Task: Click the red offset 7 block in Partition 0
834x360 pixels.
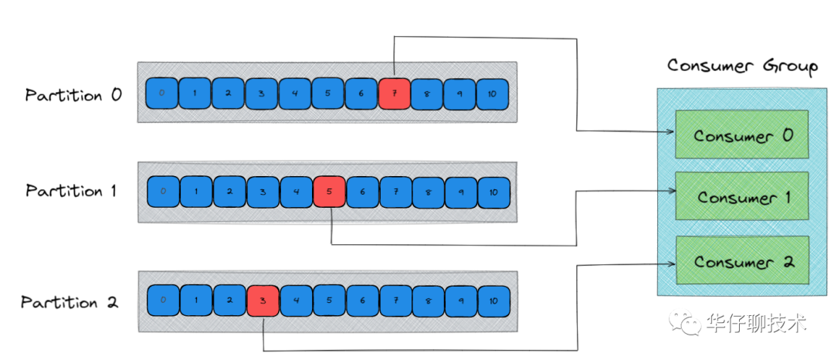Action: pyautogui.click(x=394, y=93)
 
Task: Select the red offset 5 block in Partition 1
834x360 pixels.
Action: pyautogui.click(x=329, y=192)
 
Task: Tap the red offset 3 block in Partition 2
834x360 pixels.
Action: pyautogui.click(x=263, y=301)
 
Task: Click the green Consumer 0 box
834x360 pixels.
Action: pyautogui.click(x=742, y=136)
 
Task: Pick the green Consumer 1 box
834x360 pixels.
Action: pyautogui.click(x=742, y=198)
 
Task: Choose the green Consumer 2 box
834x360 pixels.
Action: pyautogui.click(x=742, y=262)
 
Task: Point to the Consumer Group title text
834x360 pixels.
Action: pyautogui.click(x=742, y=66)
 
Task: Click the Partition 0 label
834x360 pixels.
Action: pyautogui.click(x=73, y=96)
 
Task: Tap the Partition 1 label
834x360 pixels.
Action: pyautogui.click(x=71, y=191)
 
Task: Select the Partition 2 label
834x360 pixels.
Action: pyautogui.click(x=69, y=302)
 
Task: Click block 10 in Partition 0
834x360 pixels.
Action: pyautogui.click(x=493, y=93)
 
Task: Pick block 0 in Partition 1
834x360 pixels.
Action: pyautogui.click(x=162, y=192)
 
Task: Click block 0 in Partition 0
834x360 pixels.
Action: pyautogui.click(x=161, y=93)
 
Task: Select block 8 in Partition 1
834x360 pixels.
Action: pyautogui.click(x=429, y=192)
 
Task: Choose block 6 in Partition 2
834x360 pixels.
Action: pyautogui.click(x=362, y=301)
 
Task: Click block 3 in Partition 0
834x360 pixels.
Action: pyautogui.click(x=261, y=93)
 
